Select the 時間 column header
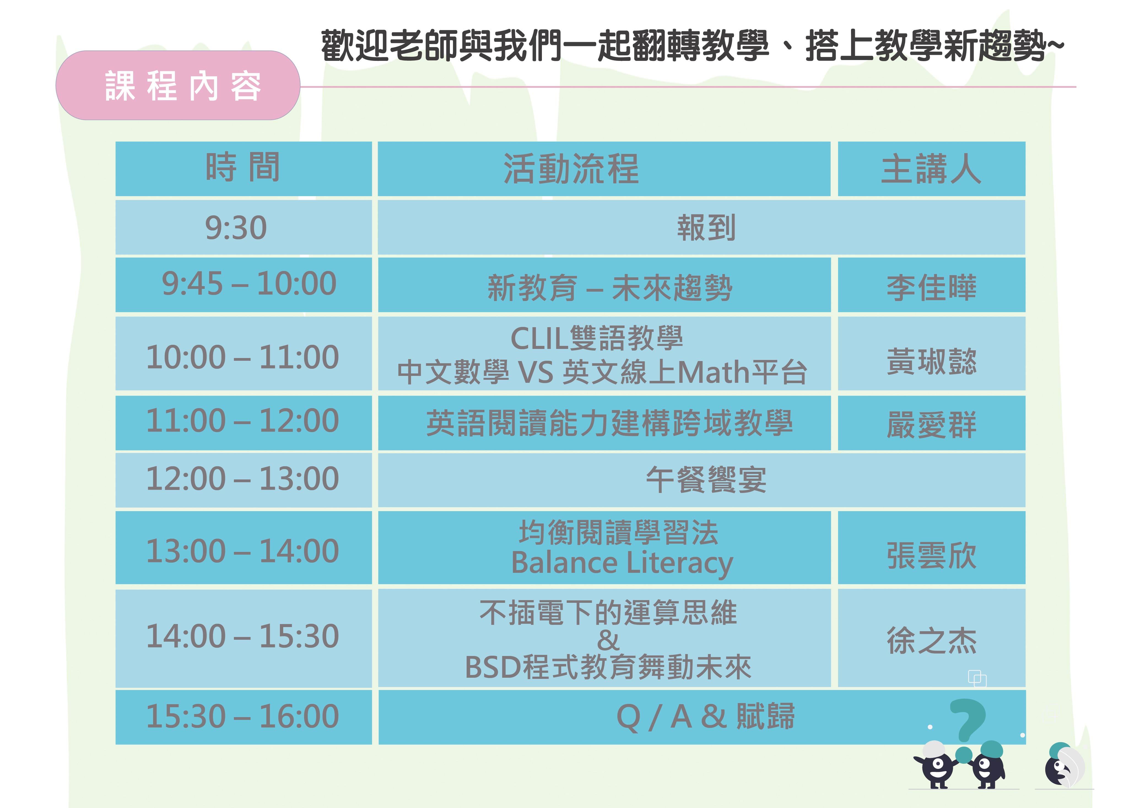pyautogui.click(x=243, y=167)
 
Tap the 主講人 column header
pyautogui.click(x=931, y=169)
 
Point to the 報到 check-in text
pyautogui.click(x=706, y=227)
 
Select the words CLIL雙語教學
pyautogui.click(x=596, y=338)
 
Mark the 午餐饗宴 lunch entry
pyautogui.click(x=706, y=480)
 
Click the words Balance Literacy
pyautogui.click(x=622, y=563)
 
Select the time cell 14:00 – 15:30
pyautogui.click(x=242, y=636)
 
